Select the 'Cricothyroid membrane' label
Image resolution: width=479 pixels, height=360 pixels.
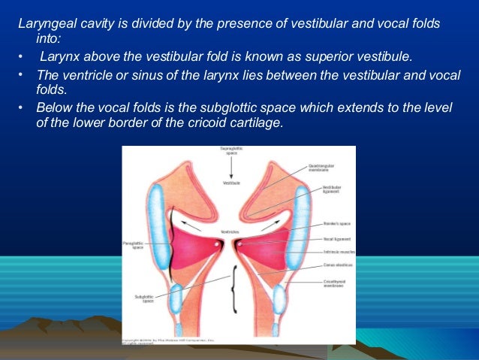325,283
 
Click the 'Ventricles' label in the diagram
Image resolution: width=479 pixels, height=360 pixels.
229,232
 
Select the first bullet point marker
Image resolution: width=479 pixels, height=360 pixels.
23,56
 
